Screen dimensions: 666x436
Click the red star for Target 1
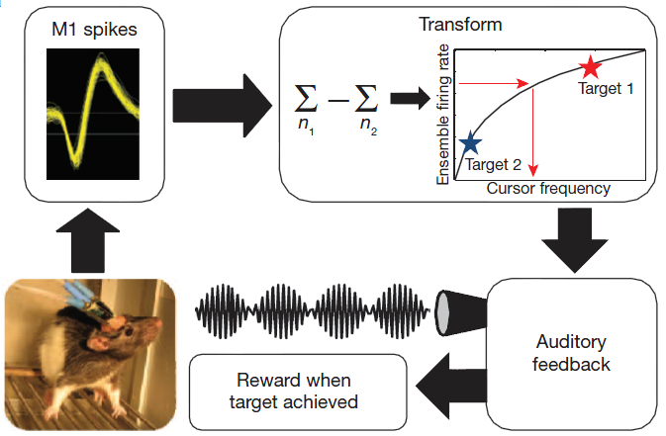(x=591, y=67)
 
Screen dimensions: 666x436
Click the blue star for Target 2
(x=470, y=142)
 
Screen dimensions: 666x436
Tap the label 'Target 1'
(x=606, y=88)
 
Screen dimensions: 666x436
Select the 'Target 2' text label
(x=493, y=164)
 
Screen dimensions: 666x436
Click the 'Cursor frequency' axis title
(x=548, y=188)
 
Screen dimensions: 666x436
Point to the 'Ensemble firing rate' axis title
(x=442, y=115)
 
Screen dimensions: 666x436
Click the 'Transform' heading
(x=460, y=24)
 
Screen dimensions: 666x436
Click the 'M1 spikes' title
(x=94, y=30)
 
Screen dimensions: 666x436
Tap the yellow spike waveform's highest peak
(x=101, y=54)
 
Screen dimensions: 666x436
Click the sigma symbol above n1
(x=306, y=98)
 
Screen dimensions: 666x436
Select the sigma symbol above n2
(x=366, y=98)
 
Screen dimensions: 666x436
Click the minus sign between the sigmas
(x=337, y=101)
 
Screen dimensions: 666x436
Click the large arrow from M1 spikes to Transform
(x=222, y=106)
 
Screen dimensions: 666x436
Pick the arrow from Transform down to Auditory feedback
(x=575, y=240)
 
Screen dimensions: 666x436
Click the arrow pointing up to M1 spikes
(x=88, y=240)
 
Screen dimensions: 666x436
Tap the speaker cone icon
(x=460, y=312)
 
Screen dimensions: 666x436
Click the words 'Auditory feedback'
(x=571, y=353)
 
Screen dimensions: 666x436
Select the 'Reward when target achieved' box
(x=298, y=392)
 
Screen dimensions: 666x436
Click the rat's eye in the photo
(x=127, y=331)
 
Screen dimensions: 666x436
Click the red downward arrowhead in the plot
(x=533, y=171)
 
